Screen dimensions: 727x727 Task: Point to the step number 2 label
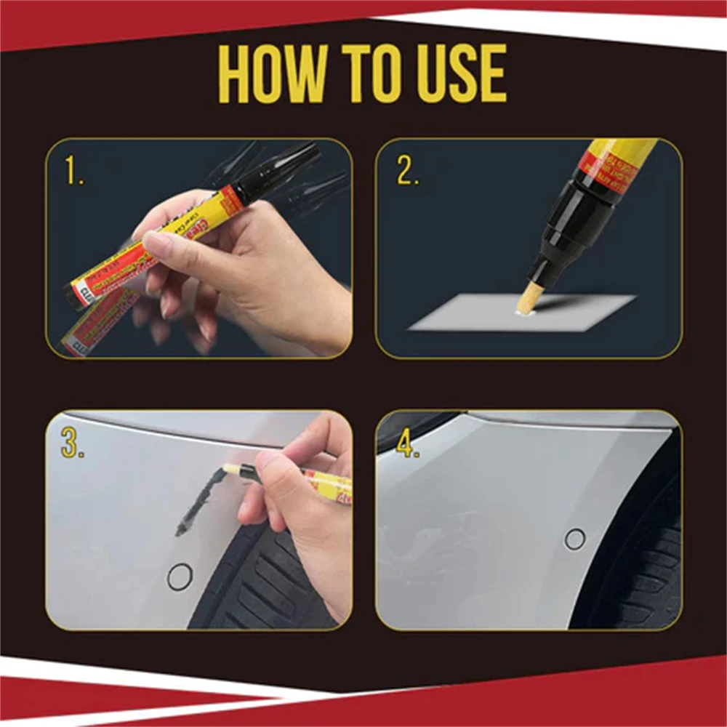coord(408,172)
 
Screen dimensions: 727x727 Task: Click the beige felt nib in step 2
coord(533,299)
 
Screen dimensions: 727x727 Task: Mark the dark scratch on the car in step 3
coord(200,502)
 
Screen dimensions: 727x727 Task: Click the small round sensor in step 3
coord(180,577)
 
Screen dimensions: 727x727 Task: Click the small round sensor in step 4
coord(574,539)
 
